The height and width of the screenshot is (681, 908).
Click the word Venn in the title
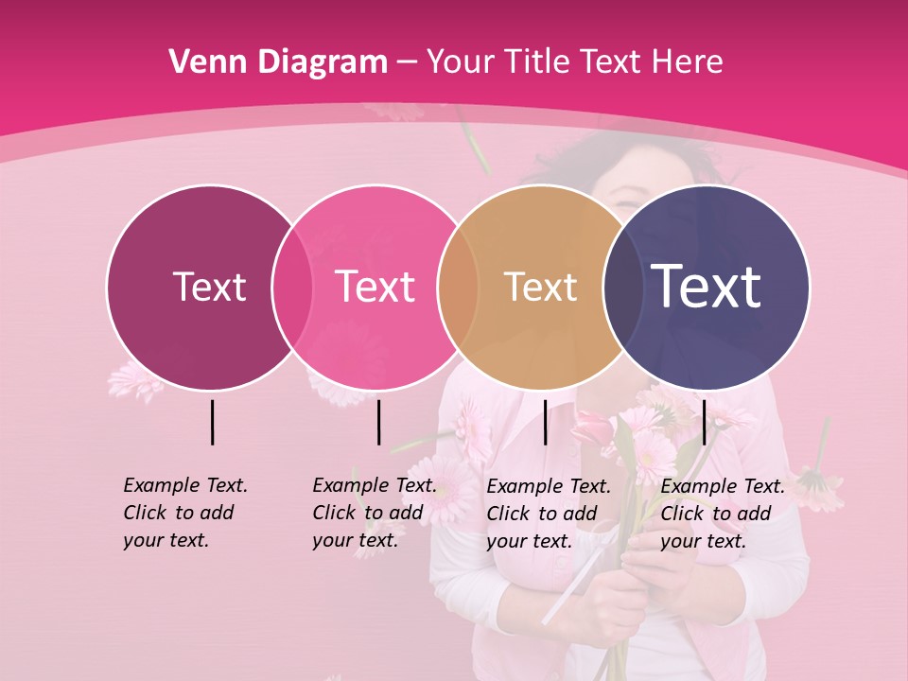pyautogui.click(x=202, y=62)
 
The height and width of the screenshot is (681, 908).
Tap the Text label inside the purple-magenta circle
pyautogui.click(x=209, y=287)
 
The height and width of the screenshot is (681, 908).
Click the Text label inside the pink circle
pyautogui.click(x=375, y=287)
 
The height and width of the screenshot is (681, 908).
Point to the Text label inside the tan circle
pyautogui.click(x=540, y=287)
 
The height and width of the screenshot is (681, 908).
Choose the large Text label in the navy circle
pyautogui.click(x=707, y=287)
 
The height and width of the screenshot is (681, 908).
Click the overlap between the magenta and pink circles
pyautogui.click(x=292, y=287)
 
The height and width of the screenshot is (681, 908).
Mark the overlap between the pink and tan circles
pyautogui.click(x=459, y=287)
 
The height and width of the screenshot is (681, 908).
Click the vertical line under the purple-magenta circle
pyautogui.click(x=212, y=422)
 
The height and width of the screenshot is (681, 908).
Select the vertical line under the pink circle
pyautogui.click(x=378, y=422)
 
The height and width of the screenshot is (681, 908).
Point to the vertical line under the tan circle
pyautogui.click(x=545, y=422)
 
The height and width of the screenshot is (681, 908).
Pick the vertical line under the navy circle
pyautogui.click(x=705, y=422)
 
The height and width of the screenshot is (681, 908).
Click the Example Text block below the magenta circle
pyautogui.click(x=184, y=513)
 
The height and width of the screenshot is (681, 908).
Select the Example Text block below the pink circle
pyautogui.click(x=374, y=513)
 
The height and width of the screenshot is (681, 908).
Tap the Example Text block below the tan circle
pyautogui.click(x=548, y=514)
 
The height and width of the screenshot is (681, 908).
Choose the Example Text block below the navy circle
pyautogui.click(x=722, y=514)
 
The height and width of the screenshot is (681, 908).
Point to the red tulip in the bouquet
pyautogui.click(x=593, y=428)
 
